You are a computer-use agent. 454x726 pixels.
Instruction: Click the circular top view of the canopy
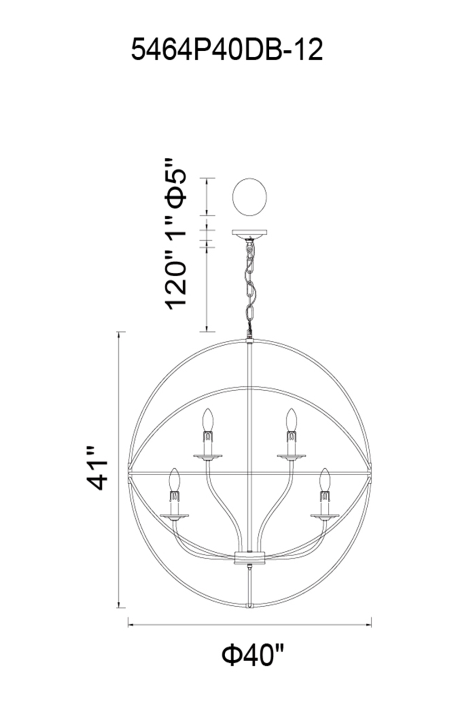click(x=250, y=197)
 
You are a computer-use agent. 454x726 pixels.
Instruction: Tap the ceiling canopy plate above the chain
click(x=250, y=233)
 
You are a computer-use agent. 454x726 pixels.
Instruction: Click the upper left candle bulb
click(x=207, y=420)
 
